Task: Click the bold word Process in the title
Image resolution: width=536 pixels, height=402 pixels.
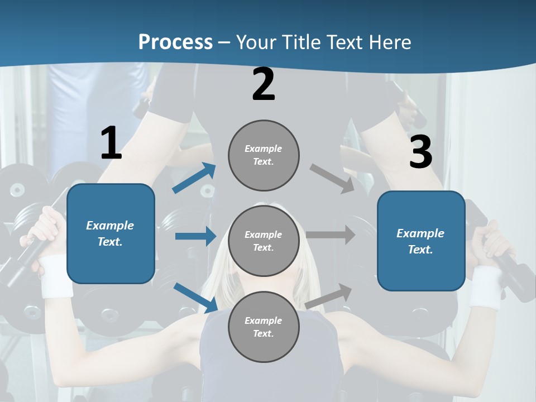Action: point(175,42)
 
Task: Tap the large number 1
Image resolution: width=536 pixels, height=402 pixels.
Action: point(111,143)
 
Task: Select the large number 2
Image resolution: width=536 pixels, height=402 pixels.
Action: point(264,84)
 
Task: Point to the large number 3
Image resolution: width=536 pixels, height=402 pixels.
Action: point(420,153)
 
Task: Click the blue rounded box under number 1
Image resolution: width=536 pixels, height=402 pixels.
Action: point(111,233)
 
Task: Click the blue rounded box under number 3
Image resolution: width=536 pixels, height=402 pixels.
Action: point(421,241)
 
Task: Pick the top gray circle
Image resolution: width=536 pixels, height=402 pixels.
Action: point(264,155)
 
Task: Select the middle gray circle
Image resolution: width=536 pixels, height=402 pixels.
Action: point(264,241)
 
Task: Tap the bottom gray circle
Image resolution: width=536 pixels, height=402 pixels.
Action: point(264,327)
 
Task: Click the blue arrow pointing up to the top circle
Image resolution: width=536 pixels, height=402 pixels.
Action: point(194,178)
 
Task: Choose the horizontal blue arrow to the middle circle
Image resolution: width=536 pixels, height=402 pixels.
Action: point(195,236)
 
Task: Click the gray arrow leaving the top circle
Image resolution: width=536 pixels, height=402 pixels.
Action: point(332,179)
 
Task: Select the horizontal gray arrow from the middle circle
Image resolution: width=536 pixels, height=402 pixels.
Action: point(331,235)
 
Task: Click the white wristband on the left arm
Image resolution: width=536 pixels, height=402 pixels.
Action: point(56,276)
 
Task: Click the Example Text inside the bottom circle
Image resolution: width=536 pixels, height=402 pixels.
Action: point(264,327)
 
